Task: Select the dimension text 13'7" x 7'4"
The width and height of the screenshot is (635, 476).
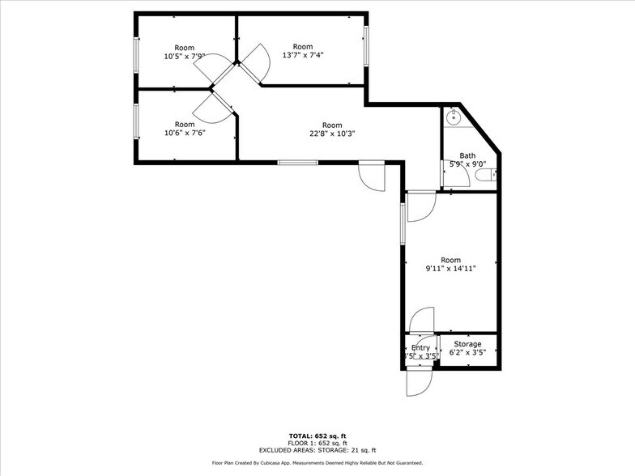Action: point(302,55)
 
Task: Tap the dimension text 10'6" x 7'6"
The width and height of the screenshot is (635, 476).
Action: point(185,133)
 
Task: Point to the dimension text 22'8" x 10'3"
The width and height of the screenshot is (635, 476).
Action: point(332,134)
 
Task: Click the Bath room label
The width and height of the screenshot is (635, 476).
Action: point(467,155)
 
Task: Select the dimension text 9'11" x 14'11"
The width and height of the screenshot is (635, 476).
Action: point(451,269)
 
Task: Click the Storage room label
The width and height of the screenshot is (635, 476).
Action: point(467,344)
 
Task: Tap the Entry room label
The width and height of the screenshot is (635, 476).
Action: point(420,347)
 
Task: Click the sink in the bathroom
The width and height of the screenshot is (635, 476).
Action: point(453,117)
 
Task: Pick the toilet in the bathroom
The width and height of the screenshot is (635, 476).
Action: point(485,174)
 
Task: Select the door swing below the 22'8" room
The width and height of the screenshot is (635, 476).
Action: point(372,176)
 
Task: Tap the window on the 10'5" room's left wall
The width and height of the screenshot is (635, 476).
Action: point(135,54)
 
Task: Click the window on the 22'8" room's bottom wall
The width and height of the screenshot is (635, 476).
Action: point(297,163)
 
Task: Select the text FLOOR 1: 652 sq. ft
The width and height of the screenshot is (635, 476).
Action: point(317,443)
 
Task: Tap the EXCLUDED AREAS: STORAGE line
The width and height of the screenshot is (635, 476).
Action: point(317,450)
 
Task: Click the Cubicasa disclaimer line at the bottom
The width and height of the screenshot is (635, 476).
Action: point(317,463)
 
